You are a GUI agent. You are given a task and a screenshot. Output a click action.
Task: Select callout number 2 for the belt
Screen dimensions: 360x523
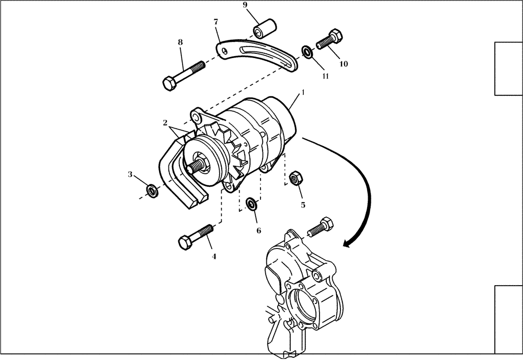point(165,123)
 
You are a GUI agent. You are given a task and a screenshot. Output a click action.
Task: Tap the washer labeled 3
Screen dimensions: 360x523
point(152,191)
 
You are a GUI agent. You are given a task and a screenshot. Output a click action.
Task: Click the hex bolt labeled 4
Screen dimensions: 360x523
point(197,237)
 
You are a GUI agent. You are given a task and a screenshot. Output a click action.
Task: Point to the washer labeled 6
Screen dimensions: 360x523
point(252,203)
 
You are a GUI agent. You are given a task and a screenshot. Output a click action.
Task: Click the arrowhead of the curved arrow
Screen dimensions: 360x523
point(345,243)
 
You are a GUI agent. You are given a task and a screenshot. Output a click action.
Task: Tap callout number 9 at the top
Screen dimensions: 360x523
point(244,5)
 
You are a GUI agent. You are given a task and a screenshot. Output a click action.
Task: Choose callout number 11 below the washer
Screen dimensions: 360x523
point(325,76)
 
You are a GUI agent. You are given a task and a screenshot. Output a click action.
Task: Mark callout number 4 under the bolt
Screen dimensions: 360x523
point(213,256)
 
